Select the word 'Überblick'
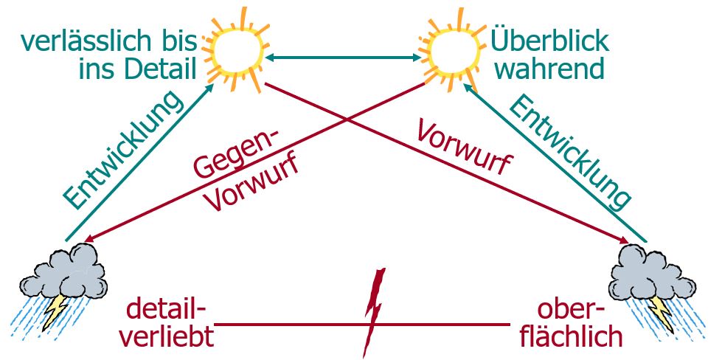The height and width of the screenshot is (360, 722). [550, 38]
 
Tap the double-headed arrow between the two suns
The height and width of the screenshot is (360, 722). [343, 57]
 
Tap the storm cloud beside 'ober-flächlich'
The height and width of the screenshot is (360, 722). [653, 273]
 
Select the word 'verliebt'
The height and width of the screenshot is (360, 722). [167, 336]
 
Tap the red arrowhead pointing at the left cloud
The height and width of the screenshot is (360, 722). [88, 238]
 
